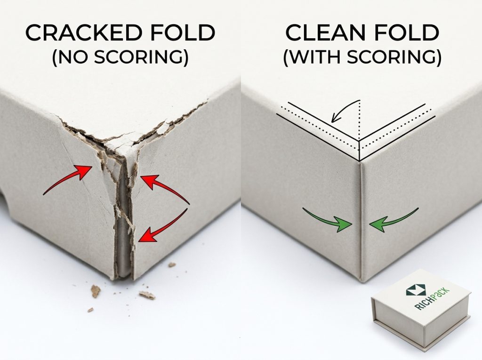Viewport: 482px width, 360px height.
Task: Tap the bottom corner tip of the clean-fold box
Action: (x=361, y=281)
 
